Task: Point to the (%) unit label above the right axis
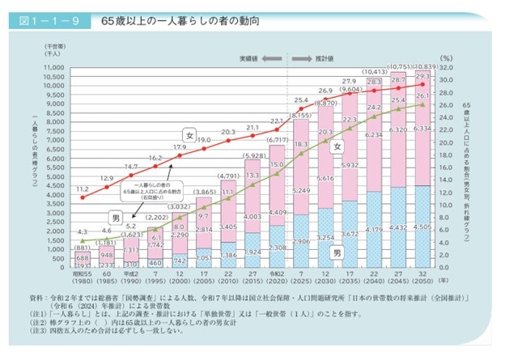[x=447, y=57]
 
